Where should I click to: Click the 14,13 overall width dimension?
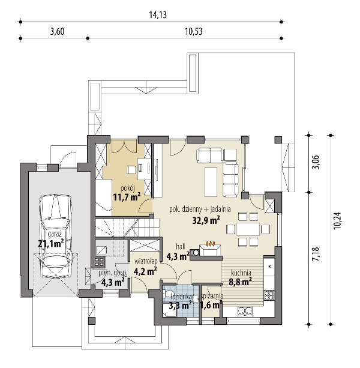158,15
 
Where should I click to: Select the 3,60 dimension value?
57,31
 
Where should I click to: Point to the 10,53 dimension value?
194,31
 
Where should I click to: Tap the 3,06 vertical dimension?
316,162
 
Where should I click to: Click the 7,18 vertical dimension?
316,254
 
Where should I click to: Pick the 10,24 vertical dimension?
338,220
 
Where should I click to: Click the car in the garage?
56,237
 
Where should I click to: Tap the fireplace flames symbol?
211,243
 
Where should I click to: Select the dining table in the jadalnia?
248,229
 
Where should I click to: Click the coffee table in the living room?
211,182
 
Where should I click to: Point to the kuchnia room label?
241,273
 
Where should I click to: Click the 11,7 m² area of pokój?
127,197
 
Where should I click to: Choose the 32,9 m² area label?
206,220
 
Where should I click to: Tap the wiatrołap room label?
145,262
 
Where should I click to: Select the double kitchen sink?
245,311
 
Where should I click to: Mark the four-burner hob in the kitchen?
269,295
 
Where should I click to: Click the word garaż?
55,234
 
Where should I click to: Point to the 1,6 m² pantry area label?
211,305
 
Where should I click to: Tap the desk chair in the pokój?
131,169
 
